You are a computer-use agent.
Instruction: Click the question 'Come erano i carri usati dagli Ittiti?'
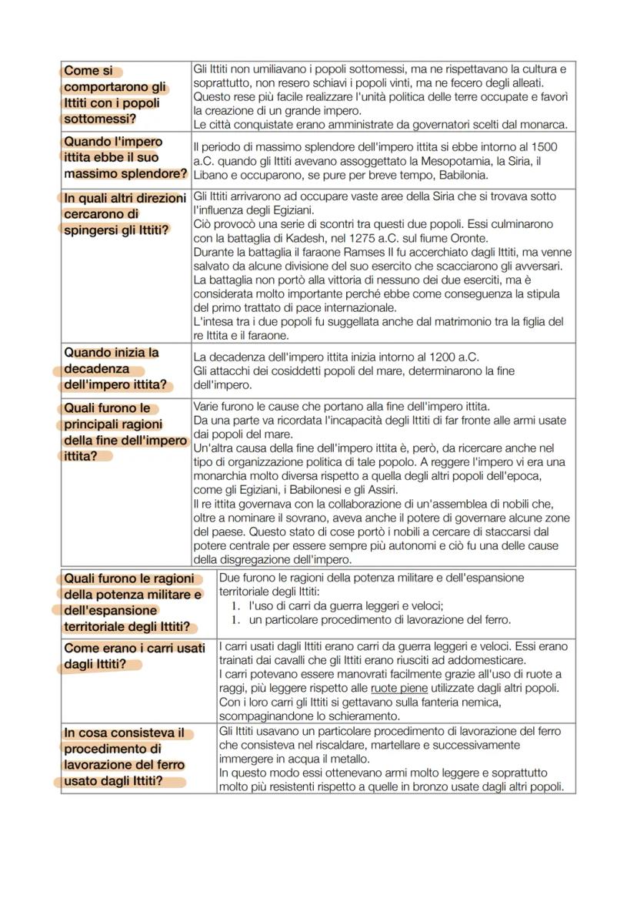[x=134, y=656]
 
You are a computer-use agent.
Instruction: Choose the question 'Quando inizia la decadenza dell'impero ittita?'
[x=115, y=369]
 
